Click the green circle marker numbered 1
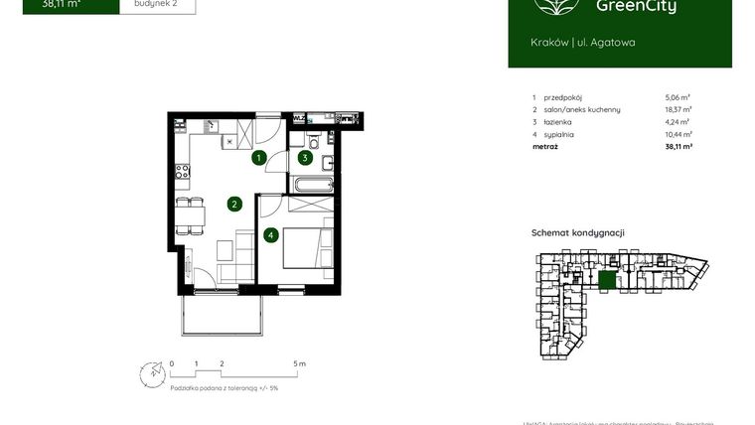(x=258, y=158)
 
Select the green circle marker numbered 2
(x=234, y=205)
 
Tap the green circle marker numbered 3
(x=306, y=157)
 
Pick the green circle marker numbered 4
(x=270, y=235)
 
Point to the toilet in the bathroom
(x=311, y=138)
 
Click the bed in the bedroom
(x=304, y=248)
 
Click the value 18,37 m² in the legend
(x=678, y=109)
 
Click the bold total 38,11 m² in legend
(x=678, y=146)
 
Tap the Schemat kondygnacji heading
(x=578, y=232)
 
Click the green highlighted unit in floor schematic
(x=607, y=281)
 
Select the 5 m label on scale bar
(x=300, y=364)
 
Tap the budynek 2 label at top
(x=157, y=4)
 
